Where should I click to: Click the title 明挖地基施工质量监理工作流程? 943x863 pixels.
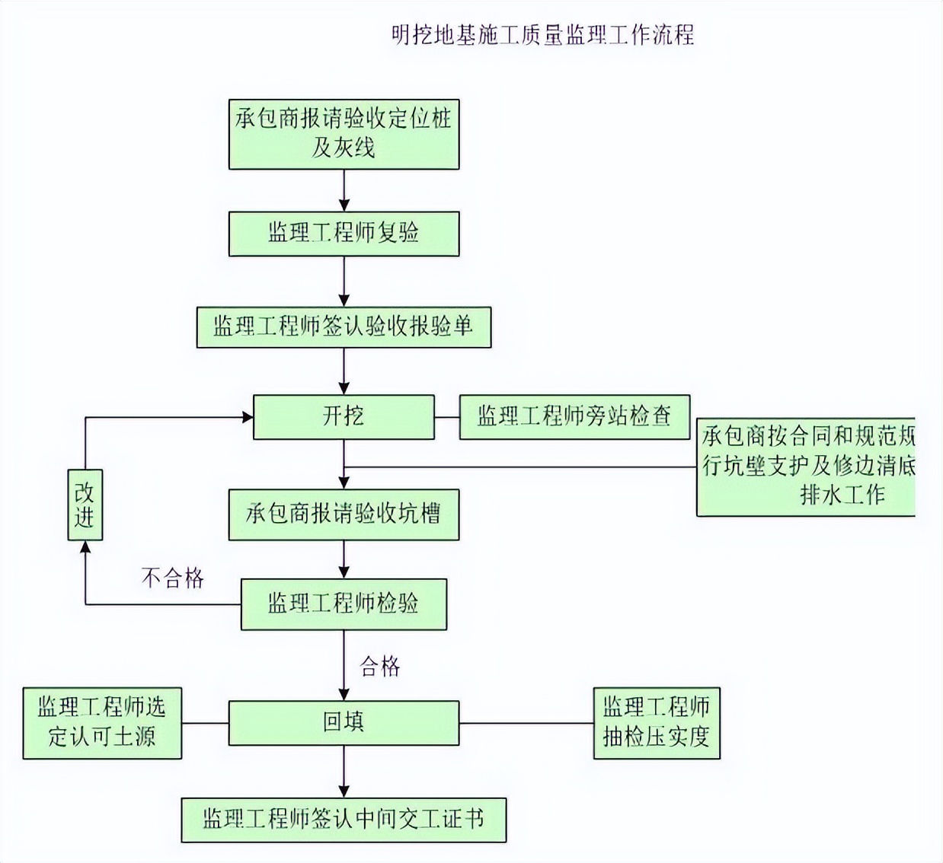[542, 35]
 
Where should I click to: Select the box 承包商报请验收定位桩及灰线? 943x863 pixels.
[344, 134]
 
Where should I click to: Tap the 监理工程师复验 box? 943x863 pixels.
[344, 234]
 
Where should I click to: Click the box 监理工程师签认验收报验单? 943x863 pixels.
[344, 327]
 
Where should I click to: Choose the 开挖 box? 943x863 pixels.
[344, 417]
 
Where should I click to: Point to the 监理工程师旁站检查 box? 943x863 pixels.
[574, 417]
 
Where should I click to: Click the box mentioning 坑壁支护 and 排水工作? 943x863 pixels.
[806, 466]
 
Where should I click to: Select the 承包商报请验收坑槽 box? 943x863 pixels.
[344, 514]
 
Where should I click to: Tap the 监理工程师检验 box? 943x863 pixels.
[344, 604]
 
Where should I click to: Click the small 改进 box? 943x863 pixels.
[85, 505]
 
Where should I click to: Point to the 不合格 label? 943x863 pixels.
[173, 578]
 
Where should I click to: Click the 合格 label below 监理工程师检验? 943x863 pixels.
[380, 667]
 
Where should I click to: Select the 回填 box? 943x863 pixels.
[344, 722]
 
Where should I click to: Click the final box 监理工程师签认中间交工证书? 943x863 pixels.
[344, 820]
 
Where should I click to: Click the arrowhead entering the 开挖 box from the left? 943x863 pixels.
[247, 417]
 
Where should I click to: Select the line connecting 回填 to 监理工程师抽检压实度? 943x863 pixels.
[526, 723]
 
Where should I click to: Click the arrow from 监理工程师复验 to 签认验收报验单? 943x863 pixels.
[344, 282]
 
